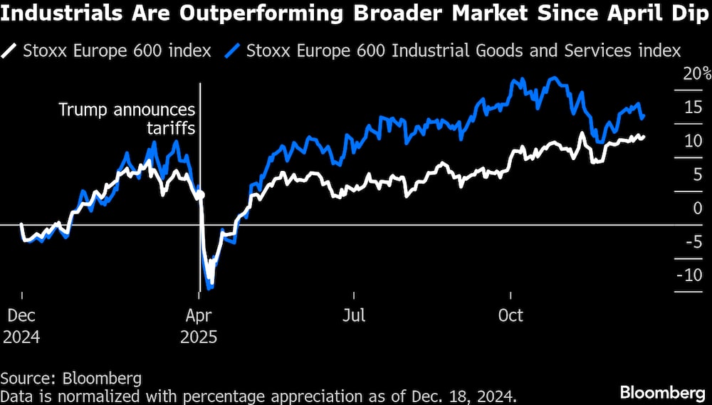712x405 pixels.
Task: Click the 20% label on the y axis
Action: pos(697,74)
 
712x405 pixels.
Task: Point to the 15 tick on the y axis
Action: pos(692,107)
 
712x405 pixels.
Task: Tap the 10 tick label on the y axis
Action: pos(692,141)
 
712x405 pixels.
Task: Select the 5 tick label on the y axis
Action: pos(696,174)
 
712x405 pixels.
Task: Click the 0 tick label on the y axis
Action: pos(696,208)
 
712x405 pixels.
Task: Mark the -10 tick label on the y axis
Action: pos(689,275)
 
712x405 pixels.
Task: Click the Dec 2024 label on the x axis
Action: pos(22,325)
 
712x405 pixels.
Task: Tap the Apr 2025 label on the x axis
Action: pos(199,325)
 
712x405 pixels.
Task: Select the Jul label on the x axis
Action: pos(354,315)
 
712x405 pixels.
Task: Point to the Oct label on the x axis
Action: pos(511,315)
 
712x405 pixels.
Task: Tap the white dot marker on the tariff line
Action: pos(201,194)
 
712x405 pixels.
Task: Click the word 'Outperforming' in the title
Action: pos(235,15)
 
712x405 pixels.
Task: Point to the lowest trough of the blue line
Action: pos(209,287)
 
